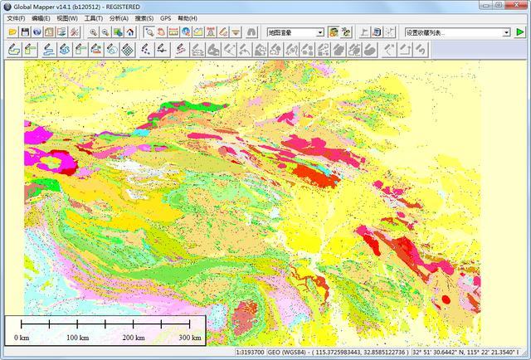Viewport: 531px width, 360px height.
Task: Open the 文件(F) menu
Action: [16, 17]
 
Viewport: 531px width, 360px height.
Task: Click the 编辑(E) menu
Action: [41, 17]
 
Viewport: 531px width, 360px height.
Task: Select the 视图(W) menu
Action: [67, 17]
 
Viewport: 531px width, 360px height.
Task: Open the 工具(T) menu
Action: [94, 17]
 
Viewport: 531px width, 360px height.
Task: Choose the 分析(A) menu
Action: [119, 17]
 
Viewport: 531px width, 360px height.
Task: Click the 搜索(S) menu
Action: [144, 17]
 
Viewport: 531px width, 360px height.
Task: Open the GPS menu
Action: [166, 17]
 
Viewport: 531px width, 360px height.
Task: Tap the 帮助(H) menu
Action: [188, 17]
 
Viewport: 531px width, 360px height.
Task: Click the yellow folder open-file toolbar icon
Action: [12, 32]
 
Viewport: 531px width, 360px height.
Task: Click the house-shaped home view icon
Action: [130, 32]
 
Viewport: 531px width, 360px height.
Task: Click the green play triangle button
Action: [520, 32]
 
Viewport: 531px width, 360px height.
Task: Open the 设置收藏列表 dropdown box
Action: [457, 32]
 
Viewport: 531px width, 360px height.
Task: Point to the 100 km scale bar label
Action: [77, 338]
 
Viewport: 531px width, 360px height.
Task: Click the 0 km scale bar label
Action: [22, 338]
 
